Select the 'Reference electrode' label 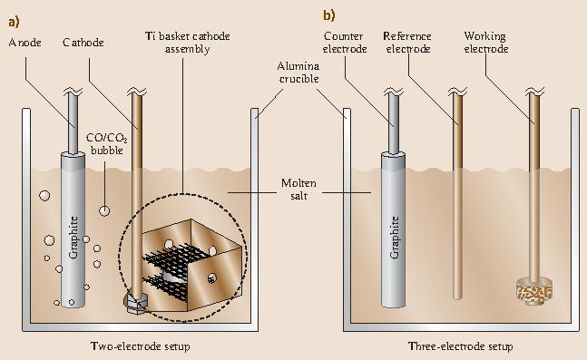click(408, 43)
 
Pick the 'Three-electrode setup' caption click(460, 346)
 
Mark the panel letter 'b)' click(328, 14)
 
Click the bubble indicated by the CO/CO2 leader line click(104, 210)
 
